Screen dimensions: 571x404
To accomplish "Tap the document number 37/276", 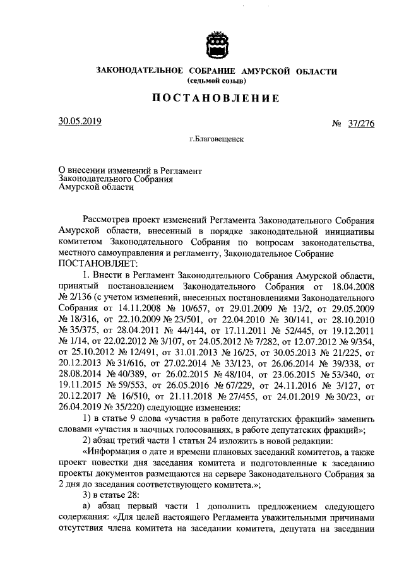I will click(x=360, y=124).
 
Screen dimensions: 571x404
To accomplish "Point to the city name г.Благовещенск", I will click(x=216, y=138).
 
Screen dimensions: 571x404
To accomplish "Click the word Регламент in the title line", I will click(x=181, y=169).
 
